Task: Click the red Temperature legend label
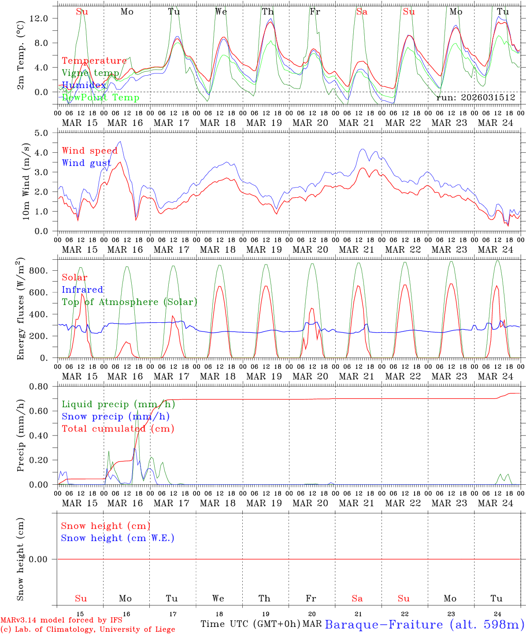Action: click(x=94, y=61)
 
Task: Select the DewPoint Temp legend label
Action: click(x=100, y=97)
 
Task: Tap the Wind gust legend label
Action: click(x=86, y=163)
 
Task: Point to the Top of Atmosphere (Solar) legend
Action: click(x=130, y=302)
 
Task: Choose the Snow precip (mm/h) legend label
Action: click(x=116, y=417)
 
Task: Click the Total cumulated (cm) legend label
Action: click(x=118, y=428)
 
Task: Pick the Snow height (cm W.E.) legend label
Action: click(x=118, y=538)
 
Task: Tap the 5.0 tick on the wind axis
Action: click(x=44, y=133)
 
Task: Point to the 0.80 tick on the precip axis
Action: click(x=41, y=387)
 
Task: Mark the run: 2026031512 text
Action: click(x=475, y=97)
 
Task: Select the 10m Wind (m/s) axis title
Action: click(x=26, y=181)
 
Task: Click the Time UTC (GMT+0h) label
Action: click(x=251, y=624)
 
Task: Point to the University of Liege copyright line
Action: click(x=88, y=629)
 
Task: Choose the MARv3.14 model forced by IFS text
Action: click(x=61, y=620)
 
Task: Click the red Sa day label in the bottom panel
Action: click(x=357, y=598)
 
